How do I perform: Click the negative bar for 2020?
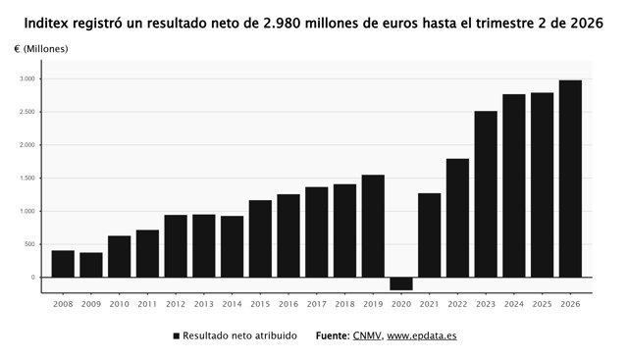coord(401,283)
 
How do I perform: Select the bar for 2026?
coord(570,179)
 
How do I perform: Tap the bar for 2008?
coord(63,264)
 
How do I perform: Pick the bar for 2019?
coord(373,226)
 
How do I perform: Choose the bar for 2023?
coord(486,194)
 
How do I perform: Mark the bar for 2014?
coord(232,246)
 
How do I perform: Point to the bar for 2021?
coord(430,235)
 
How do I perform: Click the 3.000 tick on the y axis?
coord(27,78)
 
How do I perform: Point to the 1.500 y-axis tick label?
coord(27,178)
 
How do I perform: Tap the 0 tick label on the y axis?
coord(32,277)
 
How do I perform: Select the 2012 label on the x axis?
coord(176,304)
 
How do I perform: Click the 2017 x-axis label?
coord(316,304)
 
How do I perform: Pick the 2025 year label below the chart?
coord(543,304)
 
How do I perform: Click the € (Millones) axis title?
coord(41,49)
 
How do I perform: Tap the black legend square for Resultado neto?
coord(177,336)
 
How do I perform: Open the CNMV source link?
coord(367,335)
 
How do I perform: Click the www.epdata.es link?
coord(422,335)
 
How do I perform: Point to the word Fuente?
coord(333,335)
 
